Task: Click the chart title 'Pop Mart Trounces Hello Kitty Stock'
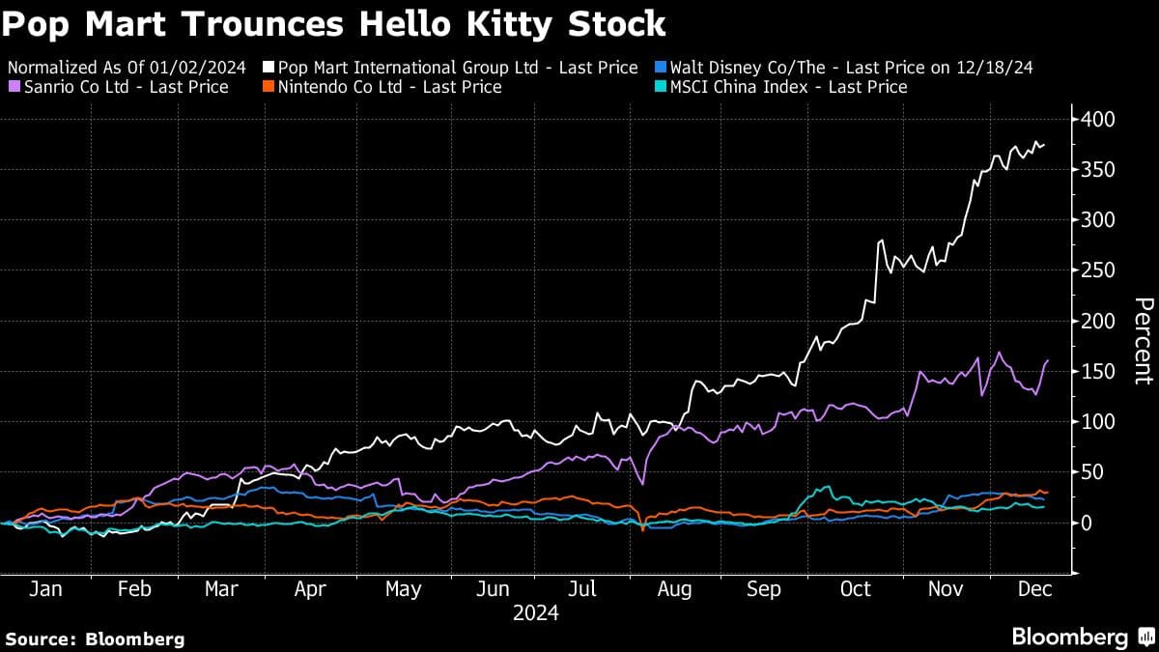[x=334, y=23]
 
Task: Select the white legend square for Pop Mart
[x=269, y=68]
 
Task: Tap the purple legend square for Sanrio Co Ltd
[x=14, y=88]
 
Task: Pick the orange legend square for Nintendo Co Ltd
[x=269, y=88]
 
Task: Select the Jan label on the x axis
[x=45, y=588]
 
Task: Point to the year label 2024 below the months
[x=535, y=612]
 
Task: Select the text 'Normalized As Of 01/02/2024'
[x=127, y=68]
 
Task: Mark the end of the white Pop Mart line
[x=1044, y=146]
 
